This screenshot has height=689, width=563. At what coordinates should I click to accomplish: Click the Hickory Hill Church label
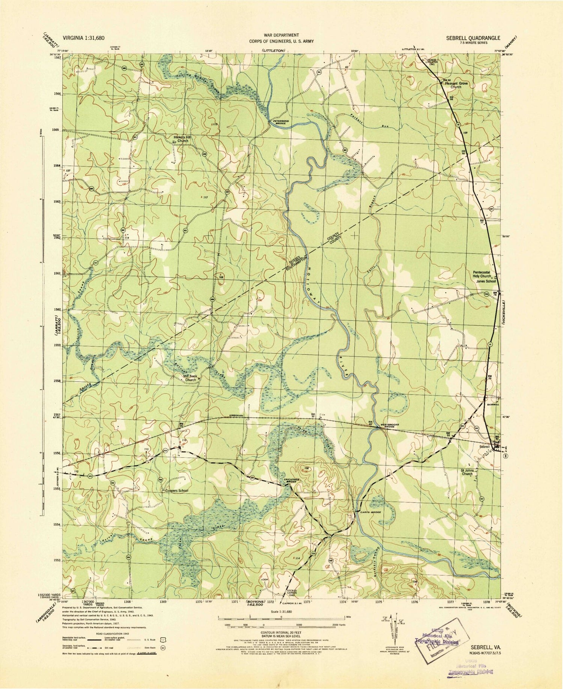point(182,139)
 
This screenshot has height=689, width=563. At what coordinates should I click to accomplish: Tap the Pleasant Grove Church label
point(456,85)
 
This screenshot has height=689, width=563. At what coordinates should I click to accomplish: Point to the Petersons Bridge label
point(278,122)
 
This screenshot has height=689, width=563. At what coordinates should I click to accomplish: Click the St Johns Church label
point(467,472)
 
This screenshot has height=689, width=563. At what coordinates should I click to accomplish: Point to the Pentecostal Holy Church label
point(482,274)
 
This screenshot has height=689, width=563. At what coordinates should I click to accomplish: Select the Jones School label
point(486,281)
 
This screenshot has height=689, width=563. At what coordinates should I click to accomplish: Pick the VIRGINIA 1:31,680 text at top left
point(84,38)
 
